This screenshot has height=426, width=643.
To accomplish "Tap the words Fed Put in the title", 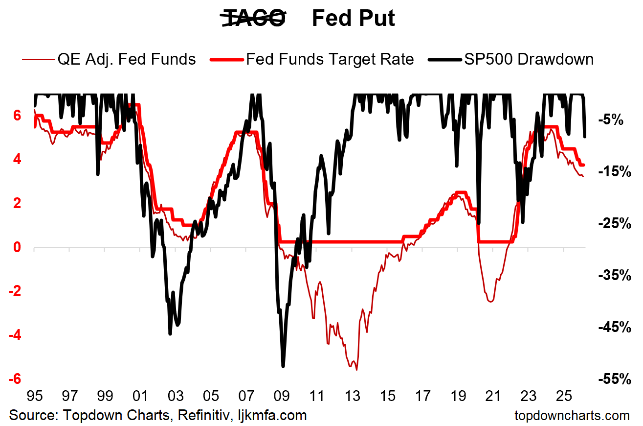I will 353,19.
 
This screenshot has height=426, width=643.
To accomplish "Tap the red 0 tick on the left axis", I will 17,247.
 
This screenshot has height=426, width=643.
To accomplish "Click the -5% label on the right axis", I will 610,119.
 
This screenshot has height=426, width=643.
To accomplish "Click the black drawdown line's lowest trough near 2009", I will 283,365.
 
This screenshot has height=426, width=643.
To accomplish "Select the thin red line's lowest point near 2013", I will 356,370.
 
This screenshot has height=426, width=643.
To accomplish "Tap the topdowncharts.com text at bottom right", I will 572,416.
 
